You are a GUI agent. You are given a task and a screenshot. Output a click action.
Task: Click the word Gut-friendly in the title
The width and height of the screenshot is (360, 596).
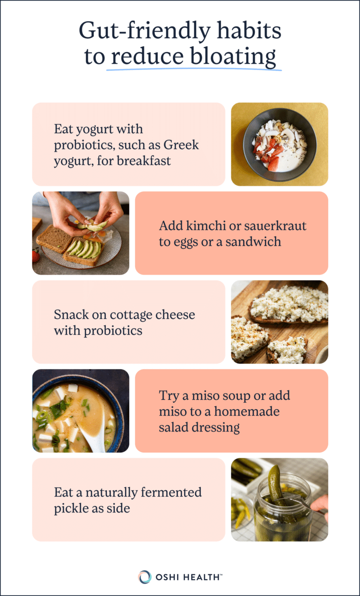[x=144, y=31]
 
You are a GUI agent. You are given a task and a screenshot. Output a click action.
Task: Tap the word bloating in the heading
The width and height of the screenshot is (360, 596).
[x=233, y=57]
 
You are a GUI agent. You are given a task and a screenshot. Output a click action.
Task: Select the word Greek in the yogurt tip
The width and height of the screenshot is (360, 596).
[x=181, y=145]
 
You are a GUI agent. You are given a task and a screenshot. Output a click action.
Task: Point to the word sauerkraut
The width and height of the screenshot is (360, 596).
[x=275, y=226]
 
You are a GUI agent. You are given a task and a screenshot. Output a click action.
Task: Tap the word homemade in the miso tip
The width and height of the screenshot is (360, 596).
[x=247, y=411]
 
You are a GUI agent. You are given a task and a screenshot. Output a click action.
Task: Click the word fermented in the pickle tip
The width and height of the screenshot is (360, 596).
[x=171, y=492]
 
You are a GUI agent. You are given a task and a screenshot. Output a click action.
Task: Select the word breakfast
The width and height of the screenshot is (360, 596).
[x=144, y=161]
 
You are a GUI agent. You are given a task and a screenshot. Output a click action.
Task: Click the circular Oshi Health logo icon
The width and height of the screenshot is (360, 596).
[x=144, y=577]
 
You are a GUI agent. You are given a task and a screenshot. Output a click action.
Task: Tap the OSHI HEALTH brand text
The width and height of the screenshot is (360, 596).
[x=188, y=577]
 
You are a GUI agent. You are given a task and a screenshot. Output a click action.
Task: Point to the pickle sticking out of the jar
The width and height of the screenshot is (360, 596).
[x=276, y=484]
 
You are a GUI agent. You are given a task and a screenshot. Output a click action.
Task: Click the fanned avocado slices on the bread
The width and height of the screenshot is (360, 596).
[x=84, y=249]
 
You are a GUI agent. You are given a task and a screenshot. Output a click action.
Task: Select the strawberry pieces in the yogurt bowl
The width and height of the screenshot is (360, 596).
[x=269, y=153]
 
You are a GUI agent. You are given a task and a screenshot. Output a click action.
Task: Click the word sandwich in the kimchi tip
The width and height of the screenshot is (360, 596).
[x=253, y=242]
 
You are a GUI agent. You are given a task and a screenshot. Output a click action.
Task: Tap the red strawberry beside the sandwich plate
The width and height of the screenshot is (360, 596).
[x=35, y=255]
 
